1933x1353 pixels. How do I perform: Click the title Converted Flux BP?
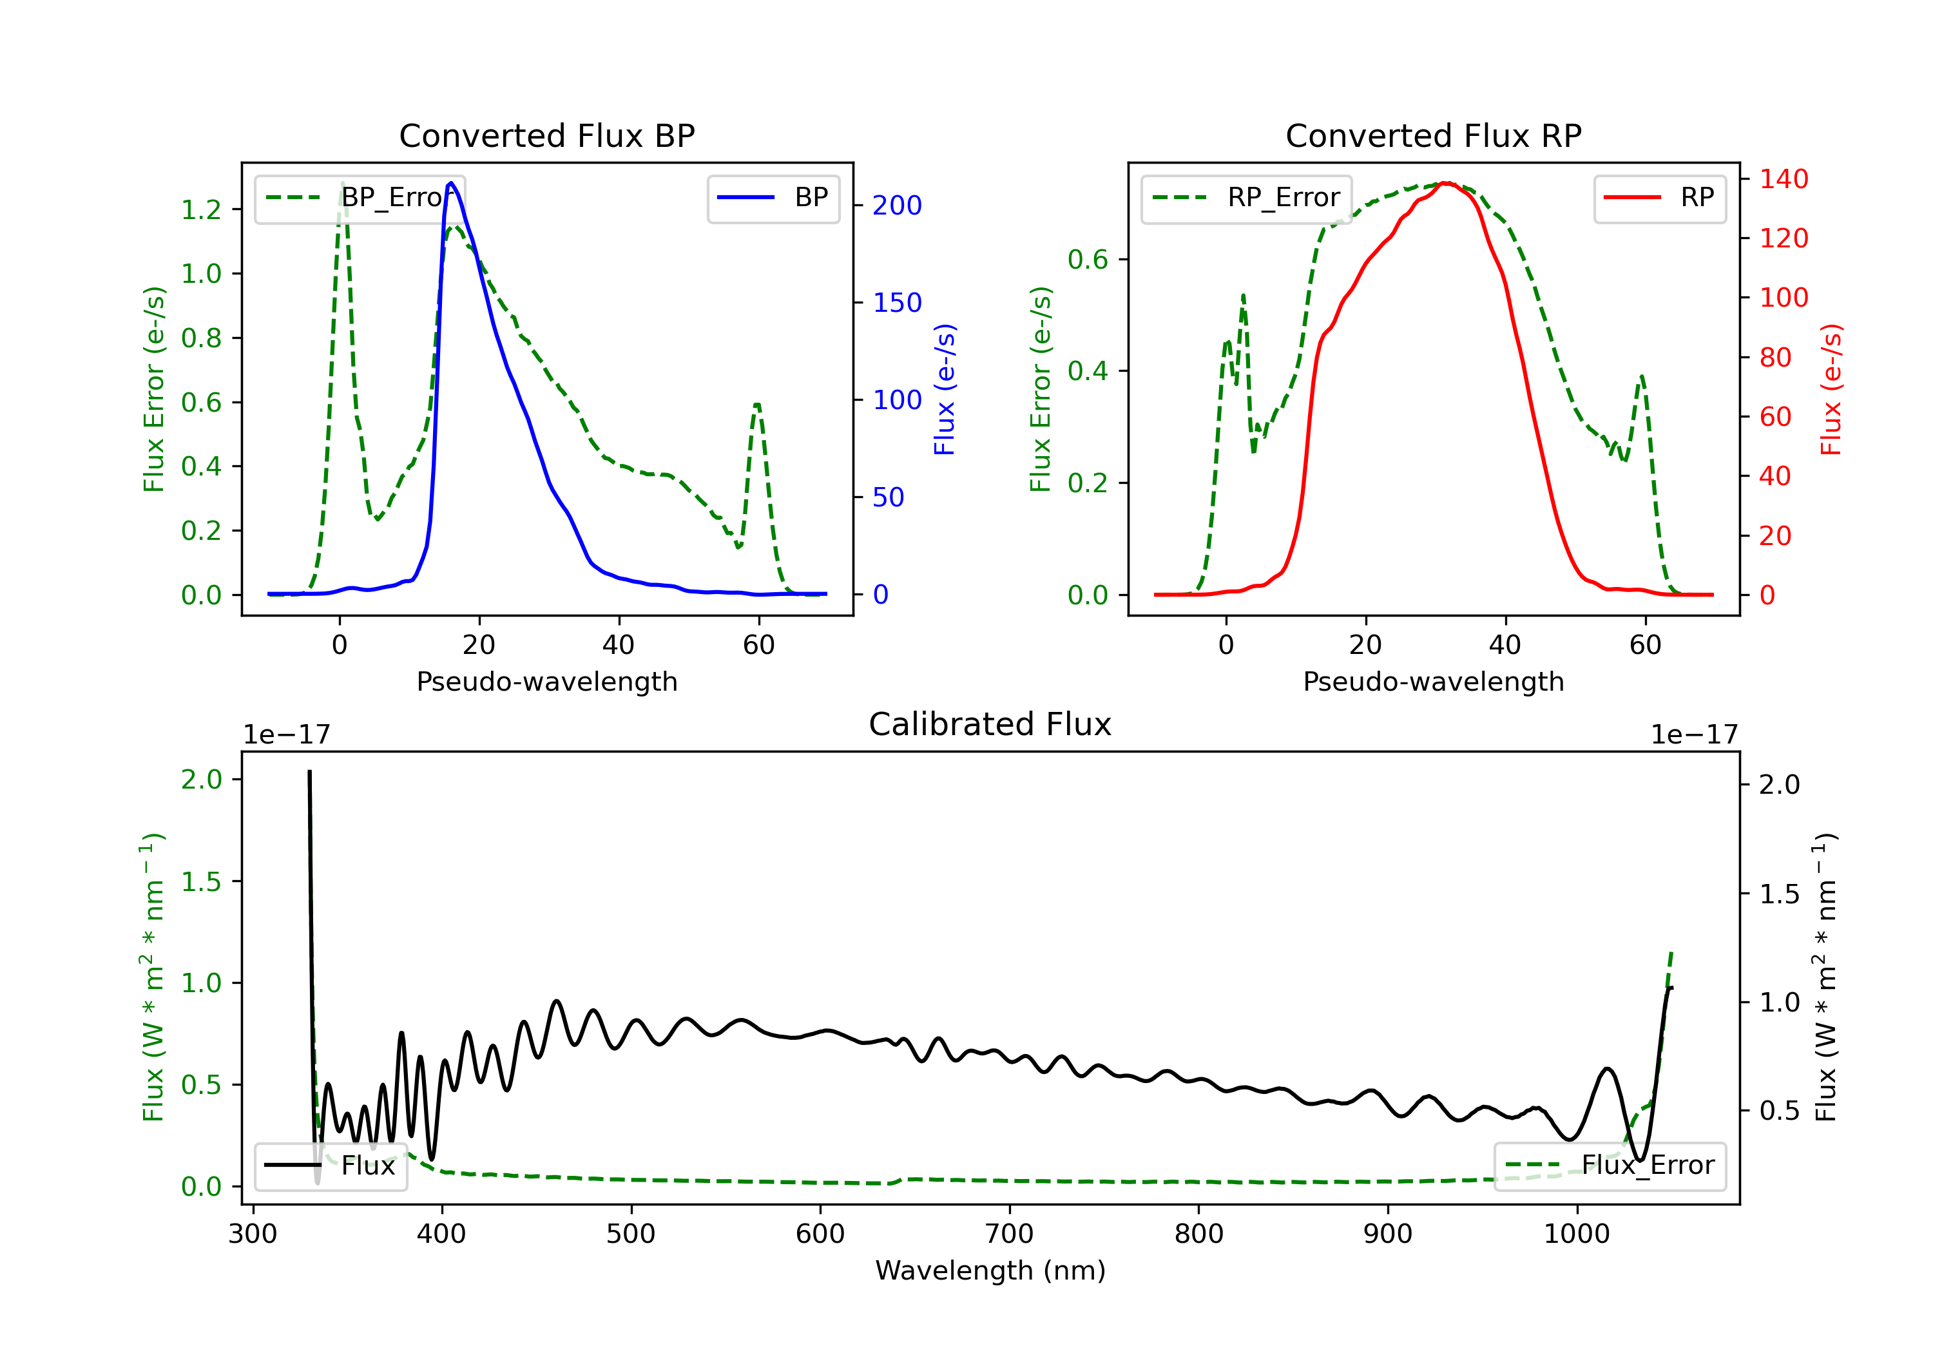point(546,135)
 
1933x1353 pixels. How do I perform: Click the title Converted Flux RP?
point(1433,135)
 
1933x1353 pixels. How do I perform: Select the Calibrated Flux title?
point(990,724)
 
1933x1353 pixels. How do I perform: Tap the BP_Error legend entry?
point(360,198)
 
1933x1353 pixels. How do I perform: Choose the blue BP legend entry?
point(773,198)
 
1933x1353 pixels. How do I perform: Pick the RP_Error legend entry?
point(1246,198)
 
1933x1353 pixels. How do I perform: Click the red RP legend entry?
point(1659,198)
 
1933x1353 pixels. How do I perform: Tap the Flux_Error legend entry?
point(1610,1166)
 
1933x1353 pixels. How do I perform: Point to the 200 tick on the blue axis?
point(897,206)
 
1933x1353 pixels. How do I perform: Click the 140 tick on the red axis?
point(1783,178)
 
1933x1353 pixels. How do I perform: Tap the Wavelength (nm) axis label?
point(990,1271)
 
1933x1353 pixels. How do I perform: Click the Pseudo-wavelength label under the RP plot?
point(1433,681)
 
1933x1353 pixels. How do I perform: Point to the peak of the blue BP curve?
point(451,183)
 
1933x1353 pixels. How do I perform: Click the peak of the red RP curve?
point(1445,183)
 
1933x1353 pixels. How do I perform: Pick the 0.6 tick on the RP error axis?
point(1088,259)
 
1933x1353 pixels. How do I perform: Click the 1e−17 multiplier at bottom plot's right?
point(1694,735)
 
